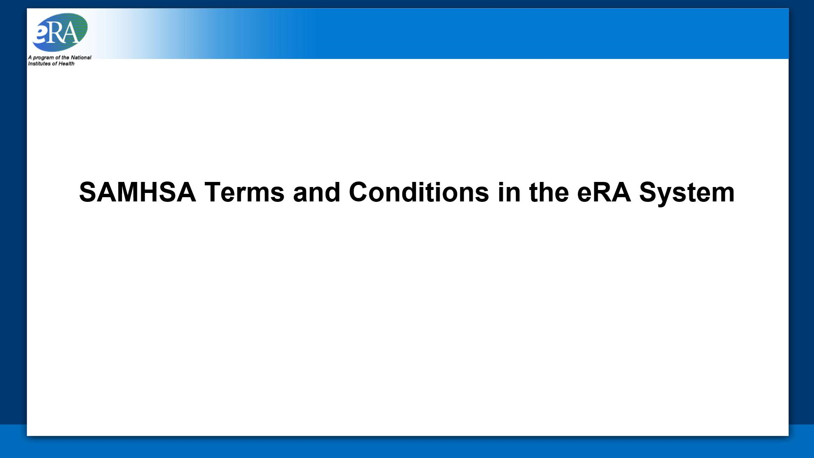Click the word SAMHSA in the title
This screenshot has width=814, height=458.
[137, 193]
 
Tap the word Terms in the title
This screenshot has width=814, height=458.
[244, 193]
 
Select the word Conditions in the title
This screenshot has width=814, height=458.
[418, 193]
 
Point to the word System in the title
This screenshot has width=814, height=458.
[686, 193]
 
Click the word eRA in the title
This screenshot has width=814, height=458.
[604, 193]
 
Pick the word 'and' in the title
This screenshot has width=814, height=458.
[316, 193]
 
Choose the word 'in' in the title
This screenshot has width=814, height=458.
[509, 193]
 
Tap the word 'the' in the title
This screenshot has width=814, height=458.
[549, 193]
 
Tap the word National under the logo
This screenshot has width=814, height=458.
[81, 57]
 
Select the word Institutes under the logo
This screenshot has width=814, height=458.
[39, 64]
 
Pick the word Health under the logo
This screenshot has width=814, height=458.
[66, 64]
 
